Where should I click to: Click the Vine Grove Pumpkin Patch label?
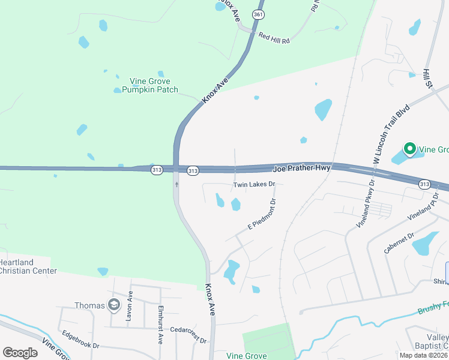[x=150, y=85]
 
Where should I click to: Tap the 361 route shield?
[x=258, y=14]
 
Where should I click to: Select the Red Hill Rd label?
[x=274, y=37]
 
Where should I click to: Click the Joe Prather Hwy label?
[x=303, y=169]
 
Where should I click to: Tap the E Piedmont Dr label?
[x=262, y=215]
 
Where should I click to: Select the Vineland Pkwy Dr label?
[x=366, y=205]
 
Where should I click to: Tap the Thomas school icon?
[x=113, y=305]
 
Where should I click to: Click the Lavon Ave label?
[x=129, y=305]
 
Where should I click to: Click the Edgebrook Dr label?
[x=79, y=346]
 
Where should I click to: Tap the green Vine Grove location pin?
[x=410, y=149]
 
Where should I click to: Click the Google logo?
[x=20, y=353]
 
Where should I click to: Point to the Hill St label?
[x=428, y=77]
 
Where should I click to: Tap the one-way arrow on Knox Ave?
[x=176, y=184]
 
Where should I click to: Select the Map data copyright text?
[x=423, y=355]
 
